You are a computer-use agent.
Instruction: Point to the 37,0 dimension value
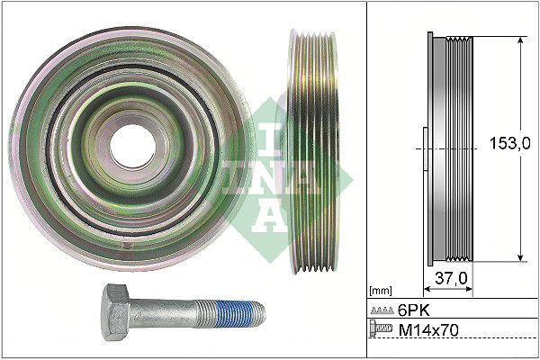click(450, 279)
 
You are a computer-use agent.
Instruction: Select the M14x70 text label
click(428, 331)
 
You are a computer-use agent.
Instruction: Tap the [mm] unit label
click(381, 290)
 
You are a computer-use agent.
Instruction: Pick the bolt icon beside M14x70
click(382, 331)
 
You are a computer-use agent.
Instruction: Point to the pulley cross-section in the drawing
click(449, 148)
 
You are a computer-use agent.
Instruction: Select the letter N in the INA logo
click(270, 171)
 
